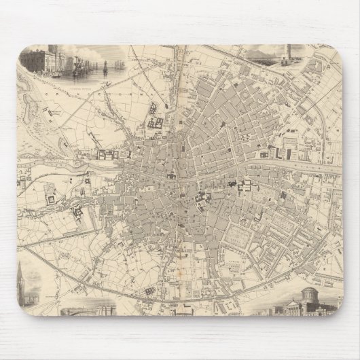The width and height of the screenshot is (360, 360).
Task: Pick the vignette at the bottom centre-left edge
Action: point(85,310)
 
